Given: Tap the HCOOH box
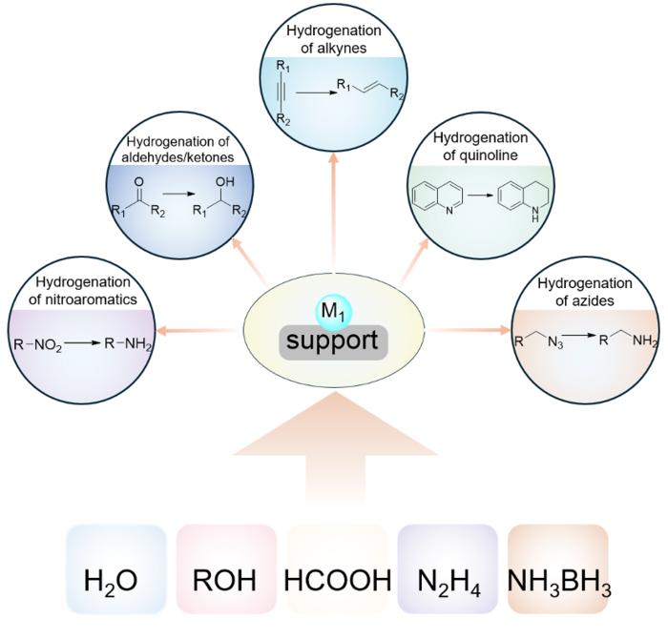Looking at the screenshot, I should (336, 572).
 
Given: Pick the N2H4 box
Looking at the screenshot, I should (448, 572).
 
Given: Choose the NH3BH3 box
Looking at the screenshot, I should (558, 572).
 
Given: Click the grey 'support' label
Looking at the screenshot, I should (334, 340).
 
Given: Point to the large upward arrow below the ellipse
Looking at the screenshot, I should (334, 448).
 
